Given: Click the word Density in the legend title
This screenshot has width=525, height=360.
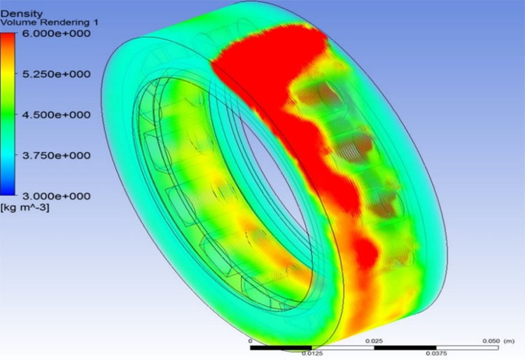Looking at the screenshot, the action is point(22,14).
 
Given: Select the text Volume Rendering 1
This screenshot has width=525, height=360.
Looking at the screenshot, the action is point(49,23).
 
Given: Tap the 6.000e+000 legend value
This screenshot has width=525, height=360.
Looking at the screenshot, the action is point(56,34).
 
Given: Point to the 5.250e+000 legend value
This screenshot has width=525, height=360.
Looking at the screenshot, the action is point(56,74).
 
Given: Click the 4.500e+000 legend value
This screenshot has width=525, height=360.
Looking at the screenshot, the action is point(56,115).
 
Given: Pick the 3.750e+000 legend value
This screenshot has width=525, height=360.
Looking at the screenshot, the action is point(56,155).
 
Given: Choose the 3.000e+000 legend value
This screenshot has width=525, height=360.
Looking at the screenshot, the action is point(56,196).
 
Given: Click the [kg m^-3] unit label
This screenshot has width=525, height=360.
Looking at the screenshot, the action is point(25,207).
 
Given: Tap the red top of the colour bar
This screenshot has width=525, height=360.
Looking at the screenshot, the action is point(8,39).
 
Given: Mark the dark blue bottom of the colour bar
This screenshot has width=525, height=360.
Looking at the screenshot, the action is point(8,189).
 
